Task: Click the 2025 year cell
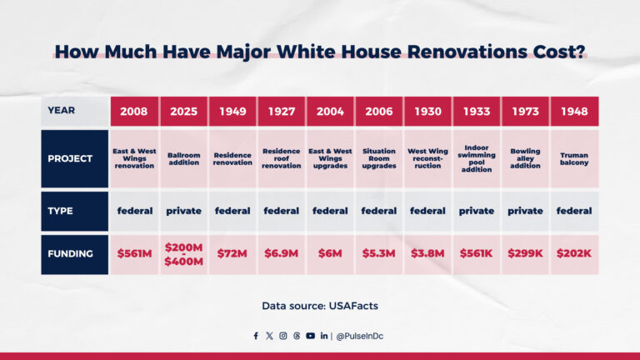click(x=183, y=111)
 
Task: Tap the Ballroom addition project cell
click(x=183, y=158)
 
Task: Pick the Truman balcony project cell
click(x=574, y=158)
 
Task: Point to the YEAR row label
click(x=75, y=111)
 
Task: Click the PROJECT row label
click(x=75, y=158)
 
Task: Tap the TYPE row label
click(x=75, y=211)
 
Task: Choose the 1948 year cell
click(x=574, y=111)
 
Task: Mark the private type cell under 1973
click(x=525, y=211)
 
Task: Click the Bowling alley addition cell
click(x=525, y=158)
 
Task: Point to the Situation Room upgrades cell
click(x=379, y=158)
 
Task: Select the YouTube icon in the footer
click(x=310, y=336)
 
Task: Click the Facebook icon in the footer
click(x=256, y=336)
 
